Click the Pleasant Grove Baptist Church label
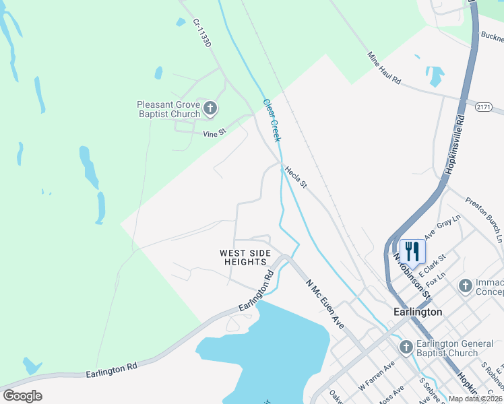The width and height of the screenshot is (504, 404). tap(168, 109)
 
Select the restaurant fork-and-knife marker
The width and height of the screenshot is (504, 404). tap(412, 251)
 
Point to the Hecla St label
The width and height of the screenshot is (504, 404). tap(295, 177)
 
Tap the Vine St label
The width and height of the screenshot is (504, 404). tap(214, 133)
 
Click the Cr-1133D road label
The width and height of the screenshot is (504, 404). tap(201, 32)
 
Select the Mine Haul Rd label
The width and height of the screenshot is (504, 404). tap(384, 68)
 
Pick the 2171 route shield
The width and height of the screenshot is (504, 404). tap(483, 107)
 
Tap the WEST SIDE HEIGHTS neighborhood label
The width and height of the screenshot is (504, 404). tap(245, 257)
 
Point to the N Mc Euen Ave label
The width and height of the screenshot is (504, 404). tap(325, 304)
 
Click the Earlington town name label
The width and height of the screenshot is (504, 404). tap(418, 312)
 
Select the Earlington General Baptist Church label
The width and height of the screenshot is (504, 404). tap(455, 348)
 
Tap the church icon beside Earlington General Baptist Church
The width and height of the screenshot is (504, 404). tap(406, 347)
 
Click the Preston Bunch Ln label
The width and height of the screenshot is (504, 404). tap(485, 218)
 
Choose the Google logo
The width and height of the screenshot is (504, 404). tap(22, 396)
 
